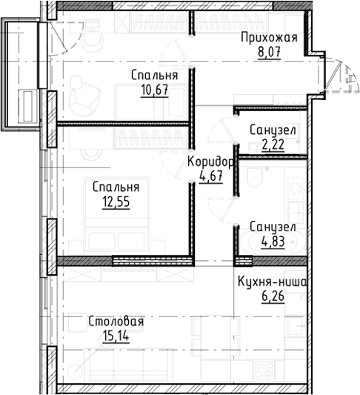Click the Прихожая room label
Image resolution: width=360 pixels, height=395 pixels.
coord(273,39)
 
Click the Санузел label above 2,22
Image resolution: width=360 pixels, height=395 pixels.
coord(273,130)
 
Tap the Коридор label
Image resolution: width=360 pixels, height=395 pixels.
coord(211,162)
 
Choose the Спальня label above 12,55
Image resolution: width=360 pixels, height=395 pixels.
coord(116,186)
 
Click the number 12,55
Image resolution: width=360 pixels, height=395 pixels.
coord(116,201)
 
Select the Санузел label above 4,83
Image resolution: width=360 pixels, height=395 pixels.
coord(273,226)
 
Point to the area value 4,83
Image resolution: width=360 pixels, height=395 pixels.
coord(273,241)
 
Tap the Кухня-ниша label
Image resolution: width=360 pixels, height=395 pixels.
coord(272,282)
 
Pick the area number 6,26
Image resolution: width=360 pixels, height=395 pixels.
coord(272,296)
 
